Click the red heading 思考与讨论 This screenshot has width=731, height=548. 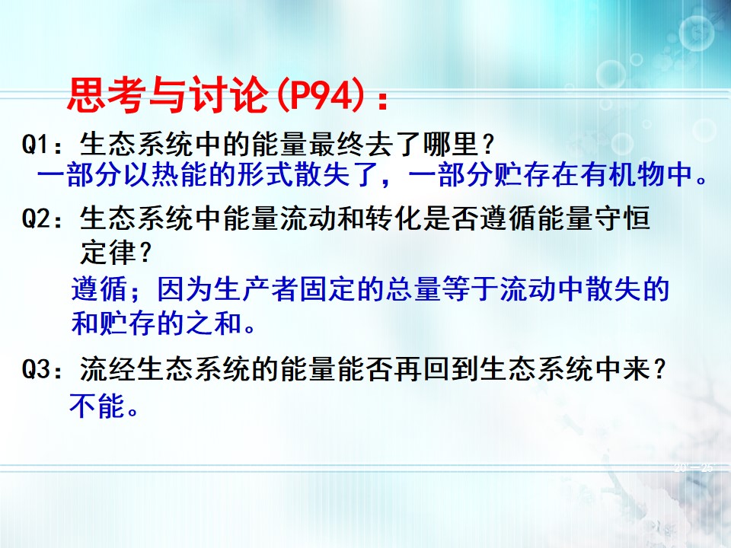pyautogui.click(x=168, y=96)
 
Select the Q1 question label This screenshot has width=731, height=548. pyautogui.click(x=35, y=145)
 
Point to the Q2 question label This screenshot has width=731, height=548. pyautogui.click(x=35, y=218)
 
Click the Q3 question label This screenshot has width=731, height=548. pyautogui.click(x=35, y=370)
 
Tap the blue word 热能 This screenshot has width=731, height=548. pyautogui.click(x=180, y=174)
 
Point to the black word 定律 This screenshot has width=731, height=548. pyautogui.click(x=107, y=252)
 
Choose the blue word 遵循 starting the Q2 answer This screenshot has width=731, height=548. pyautogui.click(x=99, y=289)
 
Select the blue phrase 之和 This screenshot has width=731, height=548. pyautogui.click(x=214, y=323)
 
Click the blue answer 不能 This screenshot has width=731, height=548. pyautogui.click(x=97, y=405)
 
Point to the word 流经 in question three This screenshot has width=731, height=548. pyautogui.click(x=107, y=369)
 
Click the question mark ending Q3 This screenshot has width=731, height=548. pyautogui.click(x=658, y=369)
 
